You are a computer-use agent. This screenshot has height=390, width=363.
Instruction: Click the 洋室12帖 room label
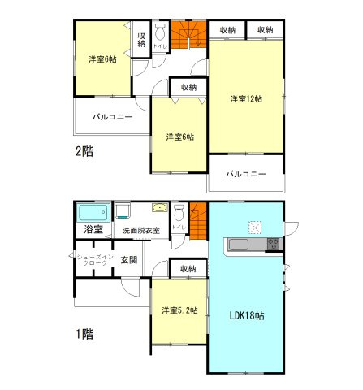pos(246,99)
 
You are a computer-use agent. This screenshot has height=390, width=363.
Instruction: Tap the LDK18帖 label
pos(247,315)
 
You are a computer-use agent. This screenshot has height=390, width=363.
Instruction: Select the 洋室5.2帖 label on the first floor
pos(179,310)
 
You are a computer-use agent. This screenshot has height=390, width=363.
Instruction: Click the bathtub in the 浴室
pos(93,213)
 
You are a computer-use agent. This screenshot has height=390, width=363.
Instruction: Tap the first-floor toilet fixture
pos(179,212)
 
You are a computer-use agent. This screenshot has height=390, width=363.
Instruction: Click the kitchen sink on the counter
pos(239,245)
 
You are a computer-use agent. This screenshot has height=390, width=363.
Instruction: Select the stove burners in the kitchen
pos(274,245)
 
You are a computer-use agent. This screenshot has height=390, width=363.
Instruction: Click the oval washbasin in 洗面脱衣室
pos(160,208)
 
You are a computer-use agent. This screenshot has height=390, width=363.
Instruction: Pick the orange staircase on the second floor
pos(188,34)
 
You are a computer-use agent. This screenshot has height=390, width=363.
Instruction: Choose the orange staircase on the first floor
pos(198,221)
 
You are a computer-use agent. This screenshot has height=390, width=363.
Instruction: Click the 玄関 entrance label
pos(129,260)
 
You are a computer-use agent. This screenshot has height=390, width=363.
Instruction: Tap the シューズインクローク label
pos(95,260)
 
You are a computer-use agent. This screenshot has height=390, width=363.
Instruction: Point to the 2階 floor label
pos(84,151)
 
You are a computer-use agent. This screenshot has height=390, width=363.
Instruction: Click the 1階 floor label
pos(84,334)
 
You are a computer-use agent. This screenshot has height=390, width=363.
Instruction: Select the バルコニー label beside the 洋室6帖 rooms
pos(112,117)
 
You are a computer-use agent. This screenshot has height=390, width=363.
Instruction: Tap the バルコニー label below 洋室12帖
pos(246,174)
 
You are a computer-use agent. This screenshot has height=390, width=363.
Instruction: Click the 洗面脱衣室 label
pos(141,231)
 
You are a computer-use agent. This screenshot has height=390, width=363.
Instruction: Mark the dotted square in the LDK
pos(255,227)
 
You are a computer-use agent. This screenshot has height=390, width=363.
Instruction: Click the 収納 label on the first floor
pos(188,269)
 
